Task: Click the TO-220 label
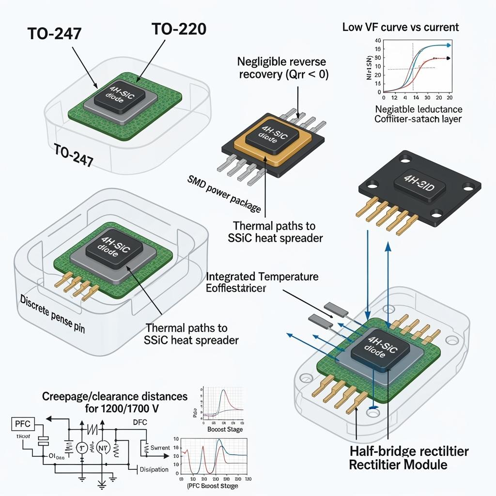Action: [x=179, y=29]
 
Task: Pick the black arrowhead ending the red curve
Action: [x=448, y=58]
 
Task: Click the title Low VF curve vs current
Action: [x=400, y=27]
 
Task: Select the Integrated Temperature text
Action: [x=263, y=277]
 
